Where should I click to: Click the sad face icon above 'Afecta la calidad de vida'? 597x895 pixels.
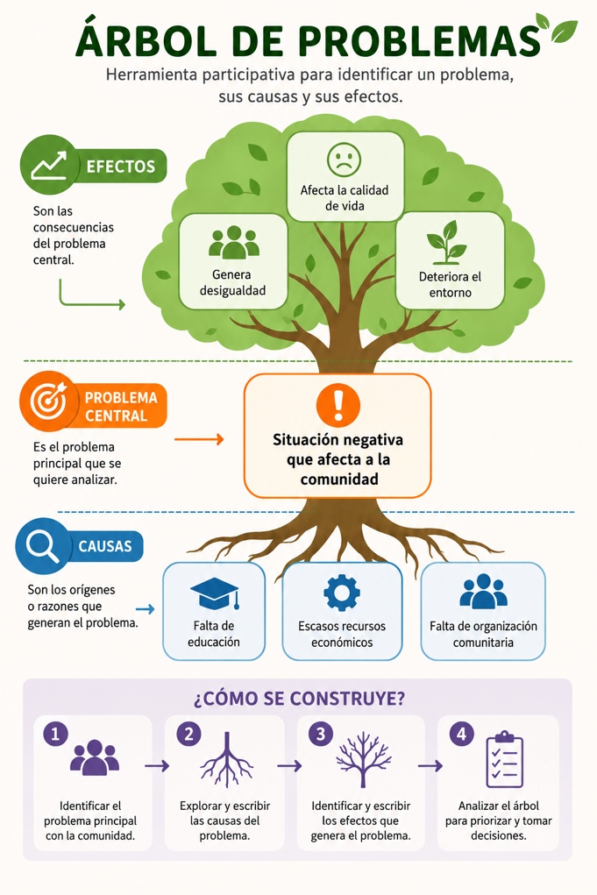345,160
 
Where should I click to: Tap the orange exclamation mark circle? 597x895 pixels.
338,405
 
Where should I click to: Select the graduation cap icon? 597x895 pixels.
214,593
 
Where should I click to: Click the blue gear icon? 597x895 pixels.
342,593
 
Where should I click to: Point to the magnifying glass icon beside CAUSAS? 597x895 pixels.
43,545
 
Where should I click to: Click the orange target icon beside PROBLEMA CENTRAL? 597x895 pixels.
48,401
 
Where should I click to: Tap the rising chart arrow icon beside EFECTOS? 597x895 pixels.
49,165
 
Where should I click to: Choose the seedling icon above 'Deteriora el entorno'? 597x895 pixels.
447,242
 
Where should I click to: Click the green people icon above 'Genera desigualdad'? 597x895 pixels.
233,242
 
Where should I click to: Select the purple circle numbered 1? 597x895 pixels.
55,734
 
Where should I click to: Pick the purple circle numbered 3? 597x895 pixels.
321,734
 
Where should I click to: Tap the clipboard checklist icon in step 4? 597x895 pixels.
505,760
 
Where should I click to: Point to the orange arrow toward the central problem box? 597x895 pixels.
199,439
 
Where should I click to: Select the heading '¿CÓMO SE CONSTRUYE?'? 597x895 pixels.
299,698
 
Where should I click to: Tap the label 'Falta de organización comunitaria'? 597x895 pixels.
483,634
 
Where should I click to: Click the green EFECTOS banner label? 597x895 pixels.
120,166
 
